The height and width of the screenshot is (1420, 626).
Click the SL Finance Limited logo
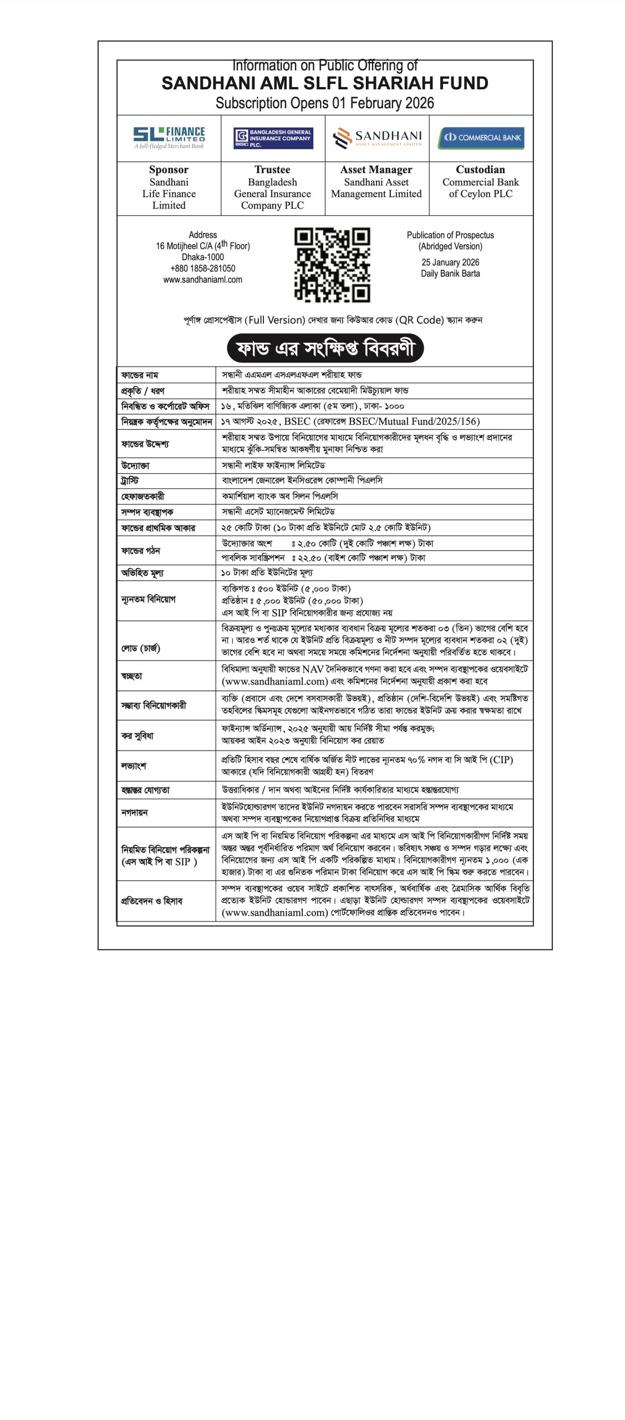(169, 138)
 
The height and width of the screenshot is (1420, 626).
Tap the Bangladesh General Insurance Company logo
(273, 138)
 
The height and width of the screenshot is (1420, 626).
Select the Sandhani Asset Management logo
(377, 138)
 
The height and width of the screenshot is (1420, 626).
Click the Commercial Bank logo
(481, 138)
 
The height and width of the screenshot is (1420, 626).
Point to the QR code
(332, 265)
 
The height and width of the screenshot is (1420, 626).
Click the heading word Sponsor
(169, 170)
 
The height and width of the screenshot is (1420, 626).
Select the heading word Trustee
(272, 170)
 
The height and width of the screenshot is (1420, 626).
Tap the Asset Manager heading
(376, 170)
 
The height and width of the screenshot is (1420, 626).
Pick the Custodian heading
(480, 170)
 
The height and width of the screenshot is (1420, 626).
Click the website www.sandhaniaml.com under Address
(202, 280)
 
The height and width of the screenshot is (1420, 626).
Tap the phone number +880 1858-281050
(202, 268)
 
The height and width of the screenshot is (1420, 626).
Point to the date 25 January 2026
(450, 262)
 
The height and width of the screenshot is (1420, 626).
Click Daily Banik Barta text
(450, 273)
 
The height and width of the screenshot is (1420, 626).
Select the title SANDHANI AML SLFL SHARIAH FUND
(325, 83)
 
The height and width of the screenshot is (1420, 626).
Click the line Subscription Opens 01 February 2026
(325, 103)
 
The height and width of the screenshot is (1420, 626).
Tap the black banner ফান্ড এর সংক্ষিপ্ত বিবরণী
(325, 348)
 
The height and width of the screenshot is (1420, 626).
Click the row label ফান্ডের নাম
(140, 376)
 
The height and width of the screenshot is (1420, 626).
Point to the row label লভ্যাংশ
(134, 765)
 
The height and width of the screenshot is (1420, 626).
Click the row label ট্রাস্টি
(130, 481)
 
